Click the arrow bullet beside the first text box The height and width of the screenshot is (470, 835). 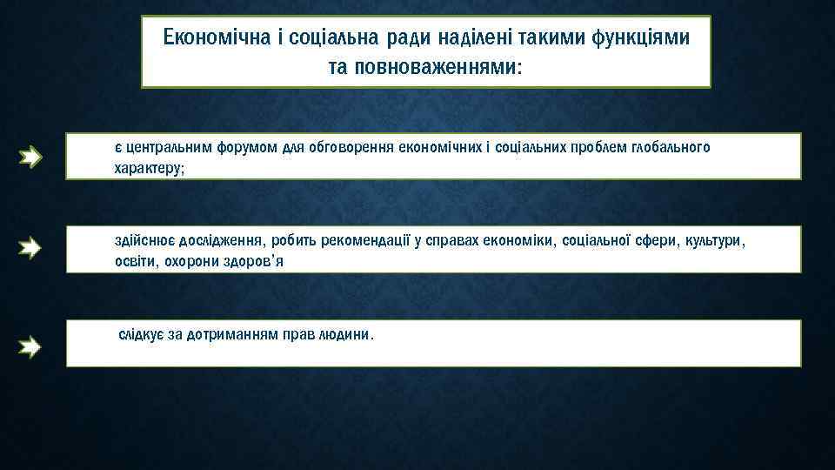pos(31,158)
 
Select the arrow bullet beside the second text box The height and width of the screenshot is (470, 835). pos(31,249)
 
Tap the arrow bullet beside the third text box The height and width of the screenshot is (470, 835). pos(31,348)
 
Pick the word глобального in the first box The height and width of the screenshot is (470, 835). pos(671,147)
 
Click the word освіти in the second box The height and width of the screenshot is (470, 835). pos(133,260)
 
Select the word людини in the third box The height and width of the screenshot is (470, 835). pos(349,334)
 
